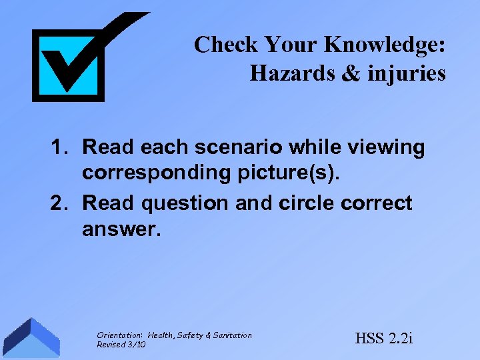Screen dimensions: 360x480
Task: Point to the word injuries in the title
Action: pos(406,73)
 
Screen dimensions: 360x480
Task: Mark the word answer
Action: pos(121,230)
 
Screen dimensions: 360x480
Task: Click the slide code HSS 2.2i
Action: pos(384,338)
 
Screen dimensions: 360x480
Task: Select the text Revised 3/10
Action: pos(121,344)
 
